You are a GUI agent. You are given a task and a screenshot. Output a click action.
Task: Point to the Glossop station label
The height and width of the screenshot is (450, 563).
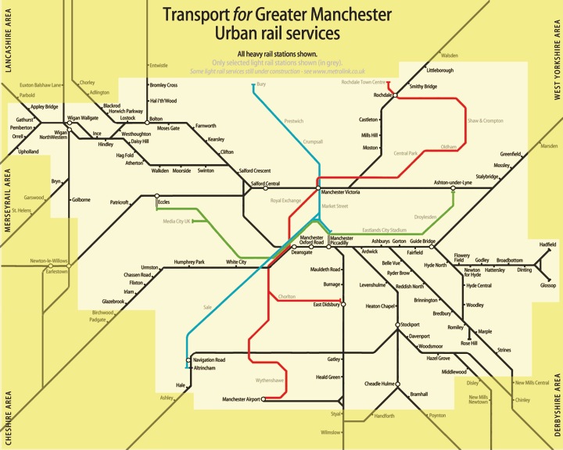(x=548, y=286)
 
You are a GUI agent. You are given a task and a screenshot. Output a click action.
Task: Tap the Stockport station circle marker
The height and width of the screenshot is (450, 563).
(x=396, y=324)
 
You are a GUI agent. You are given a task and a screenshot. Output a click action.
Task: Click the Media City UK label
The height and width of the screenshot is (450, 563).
(x=178, y=221)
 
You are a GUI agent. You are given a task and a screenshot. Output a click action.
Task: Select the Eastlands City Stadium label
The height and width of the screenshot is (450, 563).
(x=385, y=230)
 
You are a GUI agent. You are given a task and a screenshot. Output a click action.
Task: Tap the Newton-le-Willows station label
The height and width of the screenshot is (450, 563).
(x=49, y=260)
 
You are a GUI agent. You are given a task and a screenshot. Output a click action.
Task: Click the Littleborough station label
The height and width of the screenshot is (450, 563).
(x=439, y=70)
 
